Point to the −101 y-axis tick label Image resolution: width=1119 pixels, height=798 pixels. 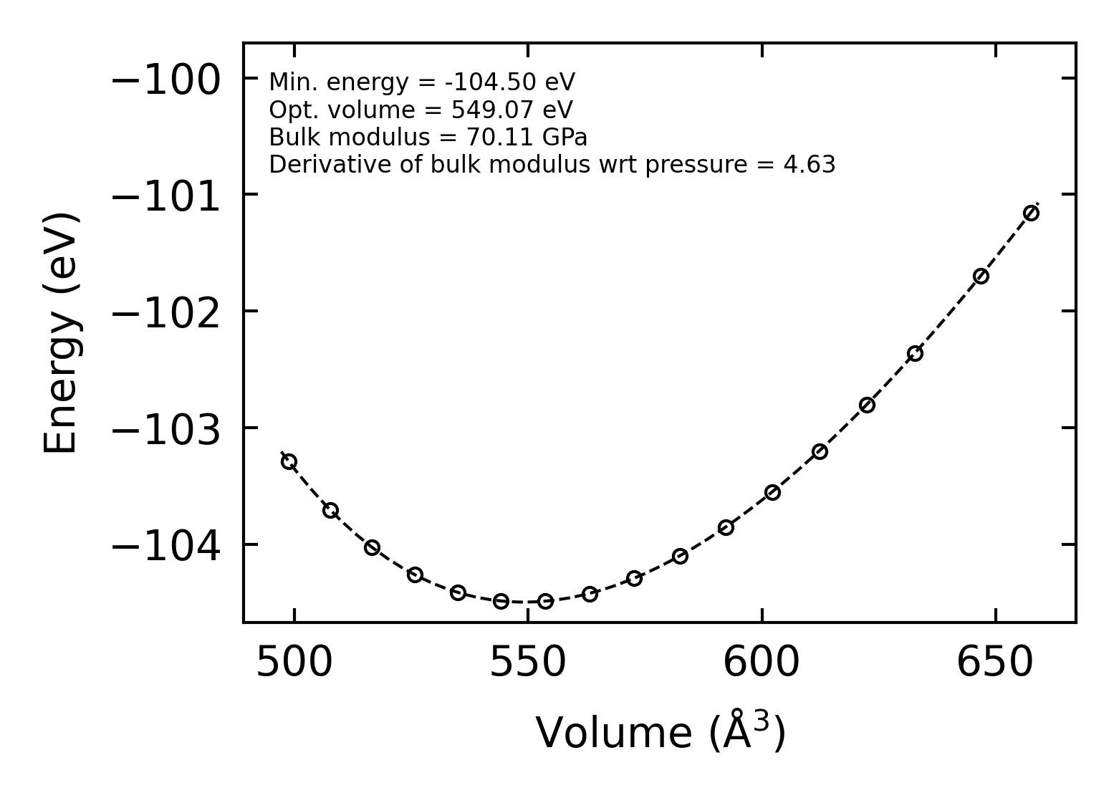pyautogui.click(x=165, y=197)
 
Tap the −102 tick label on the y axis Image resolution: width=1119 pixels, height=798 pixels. pyautogui.click(x=165, y=314)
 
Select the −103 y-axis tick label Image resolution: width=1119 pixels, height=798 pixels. pyautogui.click(x=165, y=431)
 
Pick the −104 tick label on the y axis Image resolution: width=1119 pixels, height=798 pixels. pyautogui.click(x=165, y=547)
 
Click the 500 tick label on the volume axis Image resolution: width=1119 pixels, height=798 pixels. pyautogui.click(x=294, y=663)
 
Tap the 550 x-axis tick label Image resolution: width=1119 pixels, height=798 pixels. pyautogui.click(x=528, y=663)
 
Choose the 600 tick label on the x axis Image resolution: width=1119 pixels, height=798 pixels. pyautogui.click(x=762, y=663)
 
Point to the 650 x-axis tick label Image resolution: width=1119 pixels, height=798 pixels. pyautogui.click(x=995, y=663)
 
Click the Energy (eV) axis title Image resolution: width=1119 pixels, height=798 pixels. pyautogui.click(x=60, y=333)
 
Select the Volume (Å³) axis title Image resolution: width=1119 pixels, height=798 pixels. pyautogui.click(x=661, y=732)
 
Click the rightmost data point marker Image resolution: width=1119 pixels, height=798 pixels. pyautogui.click(x=1031, y=213)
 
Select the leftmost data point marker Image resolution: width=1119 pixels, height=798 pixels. pyautogui.click(x=289, y=461)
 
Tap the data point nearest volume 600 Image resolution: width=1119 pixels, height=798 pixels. pyautogui.click(x=772, y=492)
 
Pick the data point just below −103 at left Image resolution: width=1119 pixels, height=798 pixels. pyautogui.click(x=289, y=461)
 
